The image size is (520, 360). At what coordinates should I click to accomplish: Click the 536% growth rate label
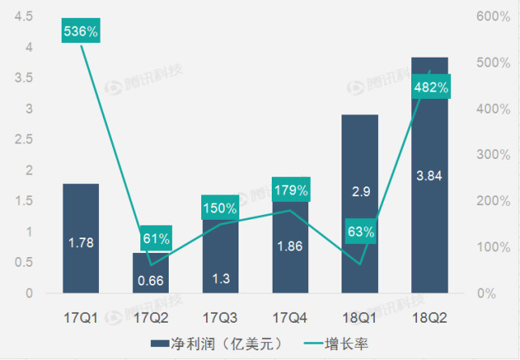pos(81,32)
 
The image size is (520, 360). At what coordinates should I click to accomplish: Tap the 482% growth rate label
pos(431,88)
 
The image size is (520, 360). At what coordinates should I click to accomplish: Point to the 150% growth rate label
pos(220,208)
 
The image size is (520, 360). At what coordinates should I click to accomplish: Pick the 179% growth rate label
pos(290,191)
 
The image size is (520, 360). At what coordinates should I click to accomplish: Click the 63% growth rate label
pos(360,232)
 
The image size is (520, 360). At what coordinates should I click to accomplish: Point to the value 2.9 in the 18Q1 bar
pos(360,191)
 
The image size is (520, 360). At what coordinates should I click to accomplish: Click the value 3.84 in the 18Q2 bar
pos(430,175)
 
